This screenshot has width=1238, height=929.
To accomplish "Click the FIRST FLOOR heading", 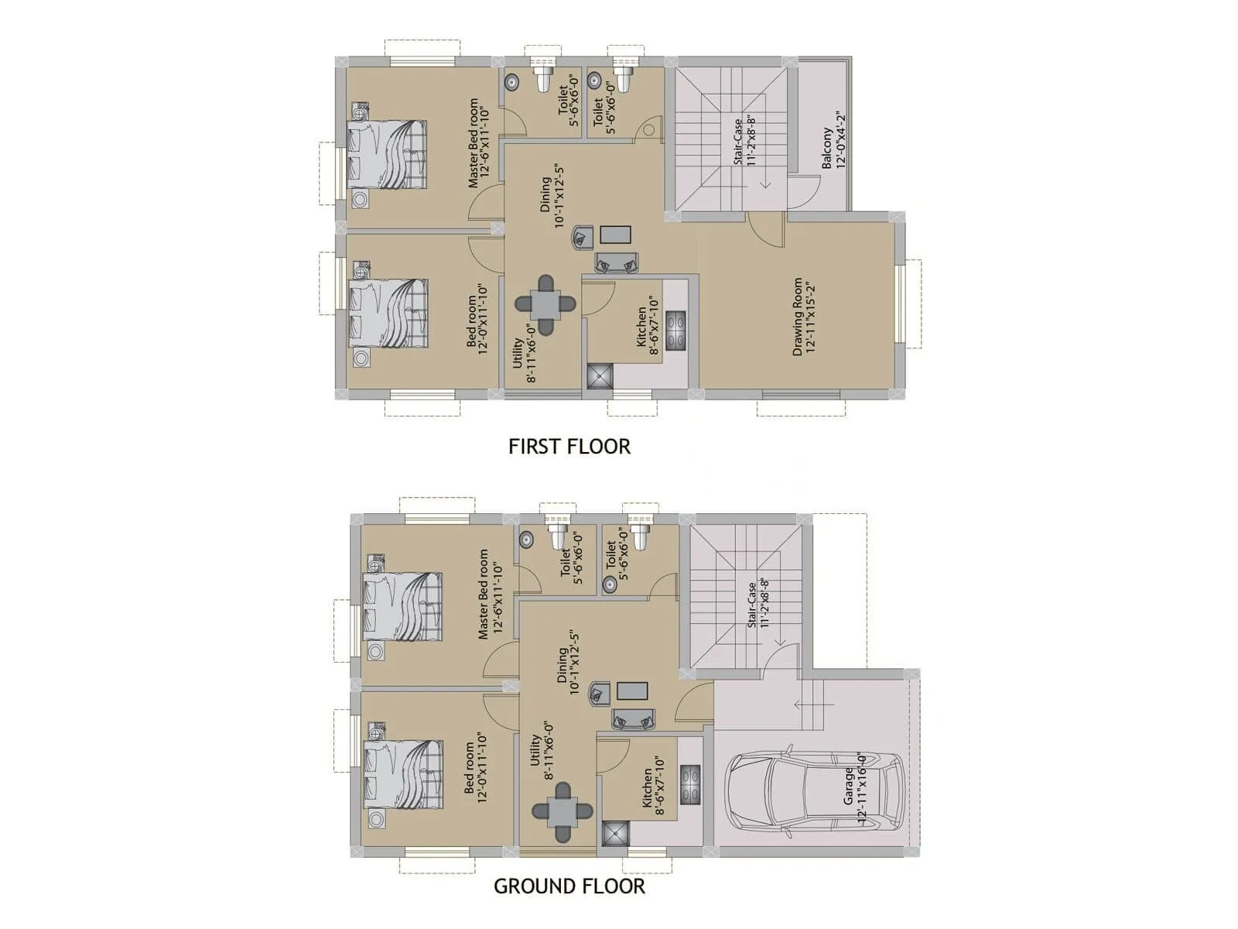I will [569, 447].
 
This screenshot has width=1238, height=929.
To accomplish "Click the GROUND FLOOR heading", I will [569, 886].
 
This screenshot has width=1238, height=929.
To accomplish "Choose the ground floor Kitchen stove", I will [690, 785].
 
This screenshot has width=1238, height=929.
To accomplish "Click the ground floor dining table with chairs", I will [563, 812].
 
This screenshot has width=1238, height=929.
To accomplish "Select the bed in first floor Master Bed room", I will [387, 154].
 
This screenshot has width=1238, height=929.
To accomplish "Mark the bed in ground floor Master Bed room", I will [403, 607].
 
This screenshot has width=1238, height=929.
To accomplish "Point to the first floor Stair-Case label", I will [744, 142].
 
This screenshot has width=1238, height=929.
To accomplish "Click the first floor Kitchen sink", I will [600, 376].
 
